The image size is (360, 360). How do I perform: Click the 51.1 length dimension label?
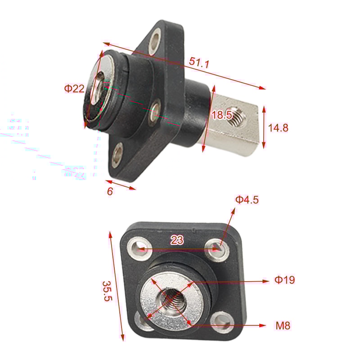199,63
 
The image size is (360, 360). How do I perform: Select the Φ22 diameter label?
74,89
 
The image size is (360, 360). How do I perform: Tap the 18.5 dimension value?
221,115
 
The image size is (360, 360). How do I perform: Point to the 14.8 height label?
278,128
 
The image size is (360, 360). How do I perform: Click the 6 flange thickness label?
110,191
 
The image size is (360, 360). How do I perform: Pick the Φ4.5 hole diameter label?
247,200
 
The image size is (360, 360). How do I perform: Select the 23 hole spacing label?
177,240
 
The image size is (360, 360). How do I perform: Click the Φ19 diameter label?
285,280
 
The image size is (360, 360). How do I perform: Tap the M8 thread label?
283,325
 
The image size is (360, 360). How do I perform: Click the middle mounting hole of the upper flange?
156,109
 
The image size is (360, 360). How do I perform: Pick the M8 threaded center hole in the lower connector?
171,298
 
